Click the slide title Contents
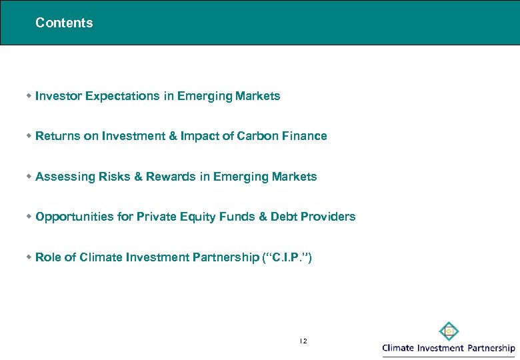click(64, 23)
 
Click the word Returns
click(58, 136)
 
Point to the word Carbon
click(258, 136)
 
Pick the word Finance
click(303, 136)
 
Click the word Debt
click(279, 217)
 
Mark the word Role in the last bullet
click(48, 257)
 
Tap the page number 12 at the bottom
click(303, 341)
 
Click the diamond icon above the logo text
click(449, 331)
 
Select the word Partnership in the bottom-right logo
click(491, 348)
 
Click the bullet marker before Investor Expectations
click(29, 96)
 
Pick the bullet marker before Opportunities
click(29, 217)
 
